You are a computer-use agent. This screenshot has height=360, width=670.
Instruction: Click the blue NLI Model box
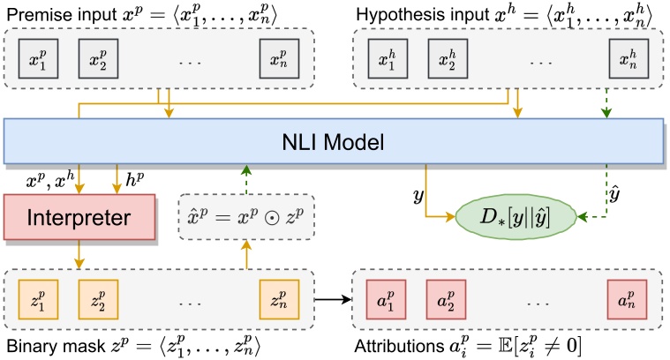[335, 141]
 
